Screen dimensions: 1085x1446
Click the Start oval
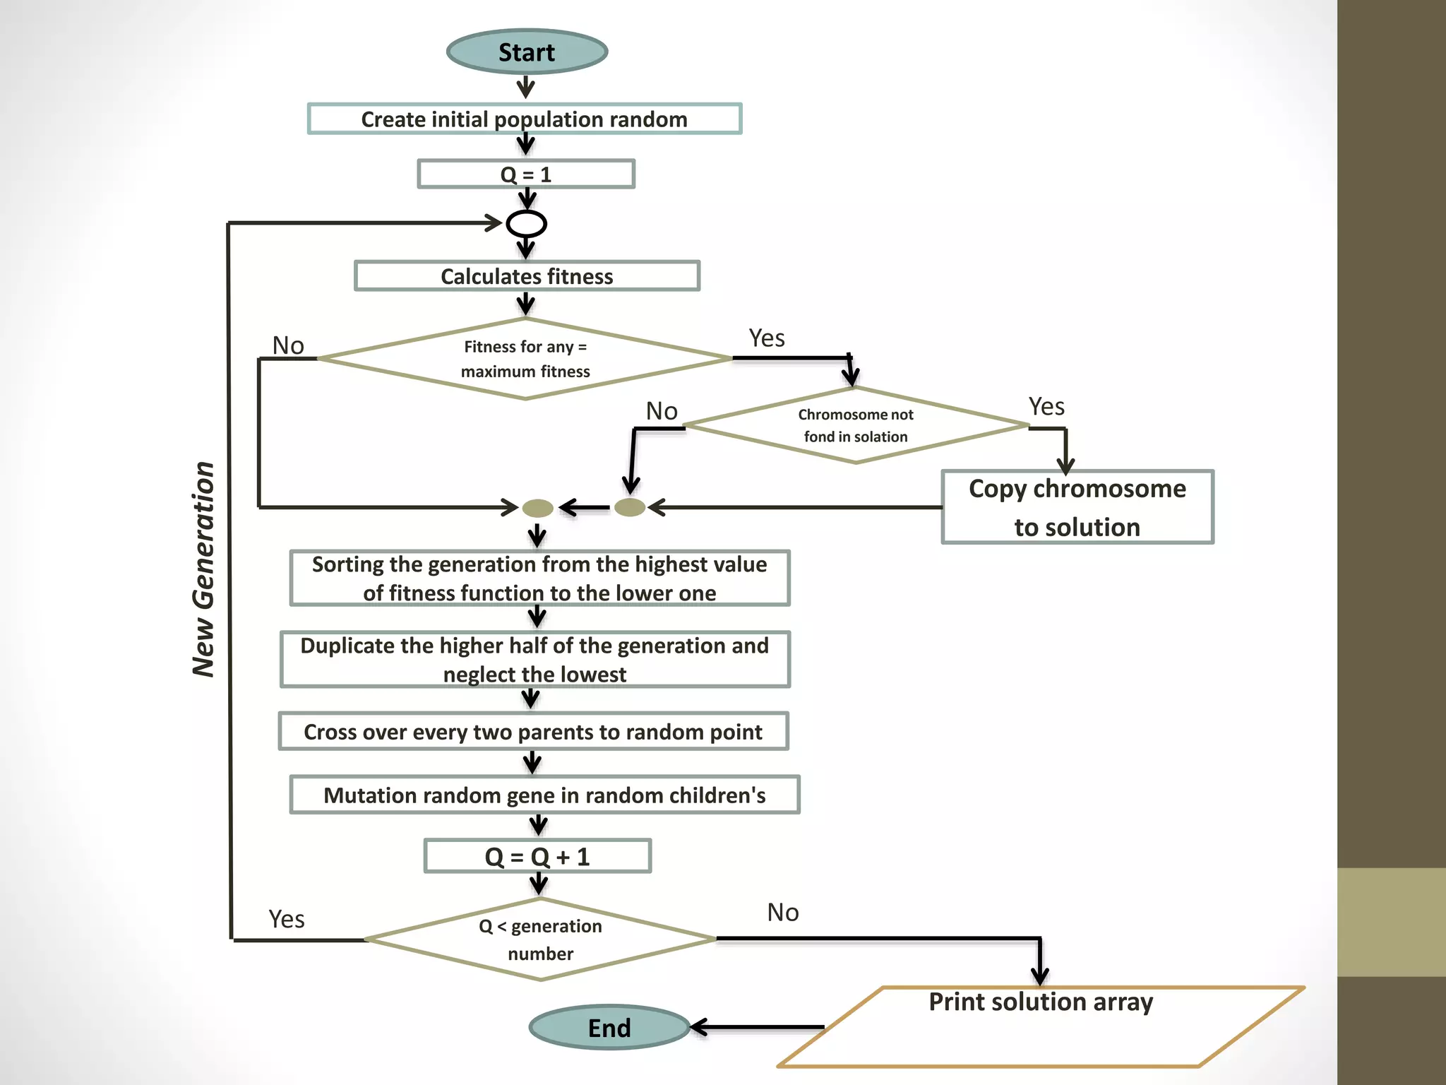tap(527, 52)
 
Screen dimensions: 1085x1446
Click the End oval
tap(609, 1027)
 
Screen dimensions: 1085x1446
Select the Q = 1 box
tap(526, 174)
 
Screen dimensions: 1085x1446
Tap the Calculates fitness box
tap(527, 276)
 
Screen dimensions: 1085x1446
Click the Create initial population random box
tap(525, 119)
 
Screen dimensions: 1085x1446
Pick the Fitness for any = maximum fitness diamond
tap(525, 359)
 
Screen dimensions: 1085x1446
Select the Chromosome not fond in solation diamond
tap(856, 425)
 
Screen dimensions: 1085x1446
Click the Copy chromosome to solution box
tap(1077, 507)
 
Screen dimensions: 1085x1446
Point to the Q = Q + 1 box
tap(537, 856)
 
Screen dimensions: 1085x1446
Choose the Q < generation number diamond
tap(540, 939)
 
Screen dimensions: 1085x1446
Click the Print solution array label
tap(1040, 1002)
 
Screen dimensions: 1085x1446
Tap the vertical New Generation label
tap(203, 569)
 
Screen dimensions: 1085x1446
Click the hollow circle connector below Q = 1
tap(526, 224)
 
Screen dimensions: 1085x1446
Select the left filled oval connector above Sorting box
tap(537, 508)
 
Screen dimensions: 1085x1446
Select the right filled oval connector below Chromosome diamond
tap(630, 507)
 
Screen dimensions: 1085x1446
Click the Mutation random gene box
tap(544, 795)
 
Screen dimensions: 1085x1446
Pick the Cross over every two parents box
tap(533, 732)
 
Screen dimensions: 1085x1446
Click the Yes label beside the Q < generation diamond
tap(287, 919)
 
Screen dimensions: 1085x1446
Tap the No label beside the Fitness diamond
tap(288, 345)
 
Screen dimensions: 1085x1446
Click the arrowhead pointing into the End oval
tap(699, 1027)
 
